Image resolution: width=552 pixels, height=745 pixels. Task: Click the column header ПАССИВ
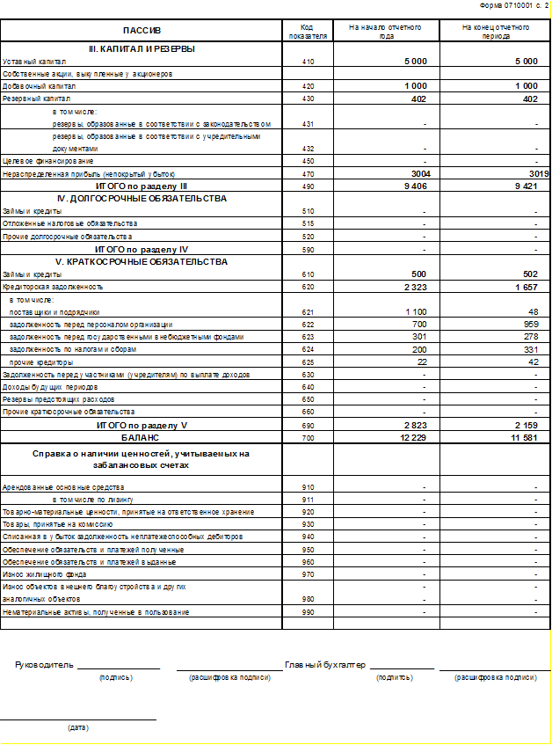[142, 31]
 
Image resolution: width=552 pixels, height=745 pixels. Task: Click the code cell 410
[307, 62]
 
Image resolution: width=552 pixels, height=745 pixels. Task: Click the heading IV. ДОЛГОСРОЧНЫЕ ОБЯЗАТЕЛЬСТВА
[142, 199]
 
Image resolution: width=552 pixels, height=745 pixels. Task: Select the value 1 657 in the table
[525, 287]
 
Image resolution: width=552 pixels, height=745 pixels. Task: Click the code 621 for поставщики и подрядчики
[307, 312]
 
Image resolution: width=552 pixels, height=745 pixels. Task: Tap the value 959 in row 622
[528, 325]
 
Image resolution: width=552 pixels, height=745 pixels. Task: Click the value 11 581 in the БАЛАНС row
[523, 437]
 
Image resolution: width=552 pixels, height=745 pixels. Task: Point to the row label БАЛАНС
[142, 437]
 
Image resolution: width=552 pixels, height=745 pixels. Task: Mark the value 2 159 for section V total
[525, 425]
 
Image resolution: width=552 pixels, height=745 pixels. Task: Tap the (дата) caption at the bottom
[78, 727]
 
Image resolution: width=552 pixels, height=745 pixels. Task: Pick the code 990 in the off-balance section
[307, 612]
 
